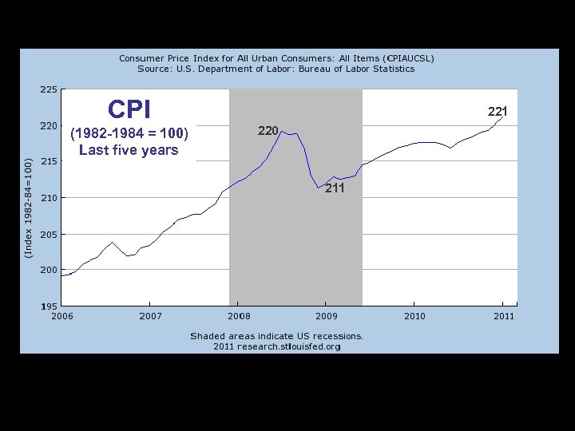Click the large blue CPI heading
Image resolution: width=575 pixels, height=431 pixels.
coord(129,109)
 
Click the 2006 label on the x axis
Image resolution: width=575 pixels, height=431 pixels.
coord(62,317)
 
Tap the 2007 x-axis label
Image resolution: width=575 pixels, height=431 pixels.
coord(150,317)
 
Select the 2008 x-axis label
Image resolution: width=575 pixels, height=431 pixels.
coord(238,317)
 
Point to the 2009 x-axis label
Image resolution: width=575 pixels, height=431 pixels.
coord(326,317)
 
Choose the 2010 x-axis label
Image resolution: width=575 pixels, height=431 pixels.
coord(414,317)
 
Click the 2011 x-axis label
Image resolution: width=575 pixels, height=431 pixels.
coord(502,317)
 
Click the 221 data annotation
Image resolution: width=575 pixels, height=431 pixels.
coord(498,111)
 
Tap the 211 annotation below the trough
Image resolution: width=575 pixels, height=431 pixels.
coord(335,188)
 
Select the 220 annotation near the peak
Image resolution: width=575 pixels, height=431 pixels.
coord(268,130)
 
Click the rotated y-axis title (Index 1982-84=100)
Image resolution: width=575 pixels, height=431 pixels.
coord(28,208)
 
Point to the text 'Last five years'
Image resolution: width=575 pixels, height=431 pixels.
coord(129,150)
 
